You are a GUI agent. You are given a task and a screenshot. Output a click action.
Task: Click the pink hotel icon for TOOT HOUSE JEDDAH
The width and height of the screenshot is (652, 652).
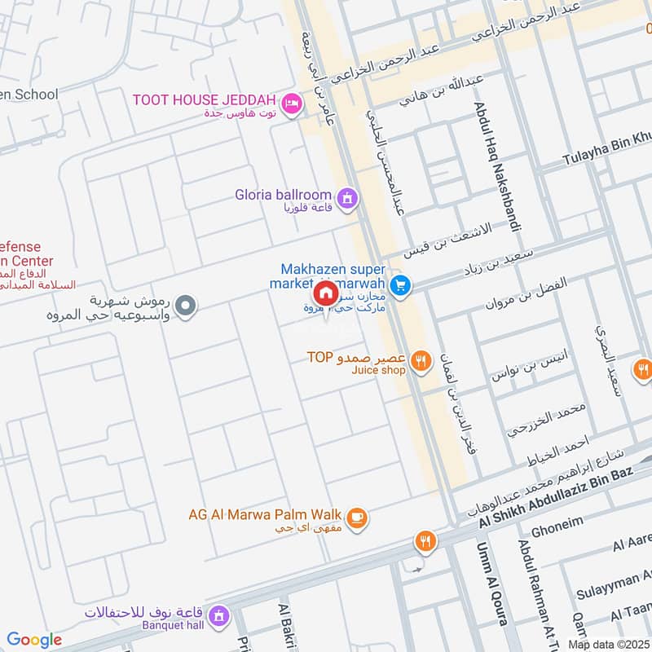(291, 104)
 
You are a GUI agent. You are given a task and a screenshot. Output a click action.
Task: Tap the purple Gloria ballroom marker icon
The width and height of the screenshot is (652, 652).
(347, 198)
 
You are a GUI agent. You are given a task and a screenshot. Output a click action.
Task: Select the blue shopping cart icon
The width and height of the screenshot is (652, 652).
(399, 284)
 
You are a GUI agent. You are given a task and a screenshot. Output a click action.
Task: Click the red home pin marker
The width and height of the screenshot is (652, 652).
(325, 293)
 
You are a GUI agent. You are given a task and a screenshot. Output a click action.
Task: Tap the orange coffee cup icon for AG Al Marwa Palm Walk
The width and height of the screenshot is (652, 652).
(356, 517)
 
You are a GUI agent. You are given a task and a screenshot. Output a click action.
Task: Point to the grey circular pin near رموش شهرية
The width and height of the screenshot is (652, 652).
(186, 307)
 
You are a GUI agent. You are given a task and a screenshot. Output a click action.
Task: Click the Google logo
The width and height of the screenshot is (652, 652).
(34, 640)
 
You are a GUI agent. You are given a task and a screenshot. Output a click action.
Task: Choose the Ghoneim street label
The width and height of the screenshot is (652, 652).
(557, 528)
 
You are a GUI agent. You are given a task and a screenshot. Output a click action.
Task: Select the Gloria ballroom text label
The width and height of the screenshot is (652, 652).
(283, 195)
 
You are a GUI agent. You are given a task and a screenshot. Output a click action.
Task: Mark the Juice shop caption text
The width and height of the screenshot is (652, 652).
(378, 370)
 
